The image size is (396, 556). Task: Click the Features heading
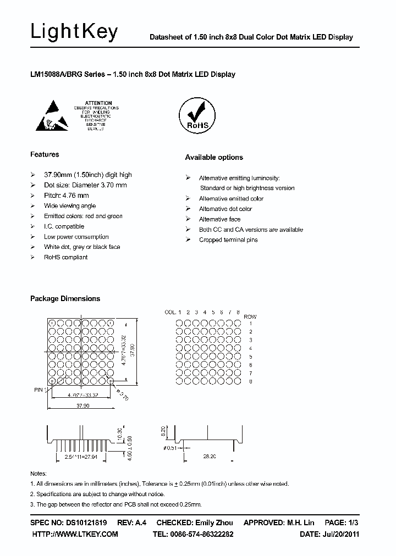pos(45,154)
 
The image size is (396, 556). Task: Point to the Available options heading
pos(214,157)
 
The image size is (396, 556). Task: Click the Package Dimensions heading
pos(65,298)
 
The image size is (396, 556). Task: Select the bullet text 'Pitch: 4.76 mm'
pos(66,195)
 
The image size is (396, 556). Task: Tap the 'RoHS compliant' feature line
pos(66,257)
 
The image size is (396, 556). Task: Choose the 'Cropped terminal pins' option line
pos(228,240)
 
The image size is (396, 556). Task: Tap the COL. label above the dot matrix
pos(170,312)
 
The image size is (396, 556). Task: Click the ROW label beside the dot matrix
pos(250,317)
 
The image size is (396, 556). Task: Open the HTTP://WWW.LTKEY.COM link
pos(75,534)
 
